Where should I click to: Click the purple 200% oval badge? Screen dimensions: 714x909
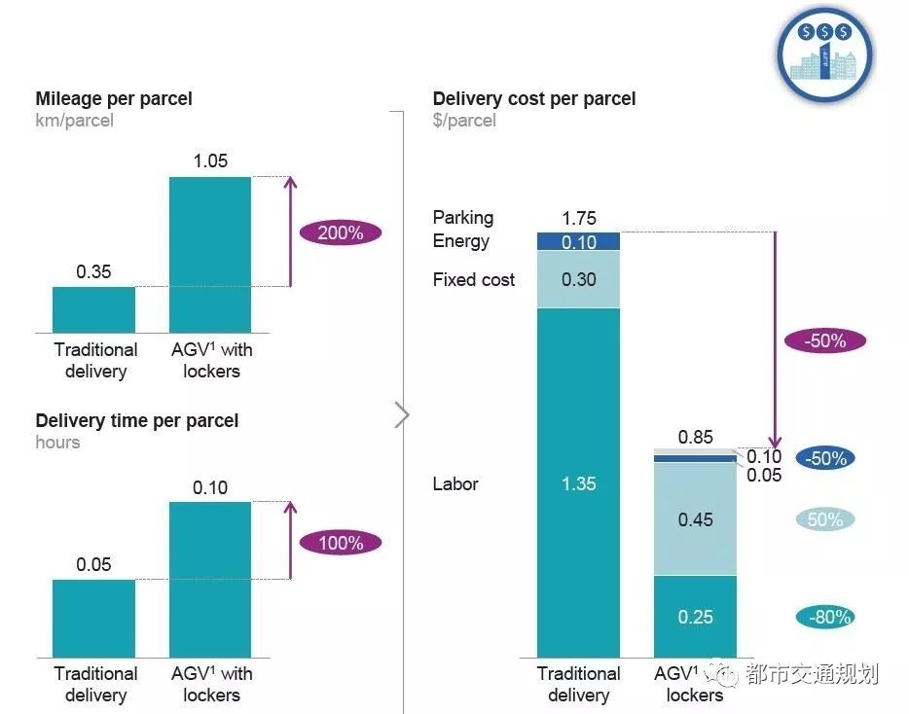pyautogui.click(x=340, y=232)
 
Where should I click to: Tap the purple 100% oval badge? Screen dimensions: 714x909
pyautogui.click(x=340, y=543)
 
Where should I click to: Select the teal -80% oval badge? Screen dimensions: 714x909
pyautogui.click(x=824, y=617)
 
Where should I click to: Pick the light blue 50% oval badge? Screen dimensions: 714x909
pyautogui.click(x=824, y=519)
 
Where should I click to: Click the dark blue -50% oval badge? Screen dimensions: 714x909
pyautogui.click(x=824, y=458)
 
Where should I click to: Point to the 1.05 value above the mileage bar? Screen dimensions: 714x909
pyautogui.click(x=210, y=161)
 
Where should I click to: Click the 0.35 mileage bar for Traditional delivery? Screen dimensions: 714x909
pyautogui.click(x=93, y=309)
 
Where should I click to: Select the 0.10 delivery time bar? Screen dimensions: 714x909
pyautogui.click(x=210, y=578)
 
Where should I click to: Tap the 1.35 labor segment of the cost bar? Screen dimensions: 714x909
pyautogui.click(x=578, y=483)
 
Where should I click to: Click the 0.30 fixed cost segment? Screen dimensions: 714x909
pyautogui.click(x=578, y=279)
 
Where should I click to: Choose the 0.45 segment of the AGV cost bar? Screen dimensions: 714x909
pyautogui.click(x=695, y=519)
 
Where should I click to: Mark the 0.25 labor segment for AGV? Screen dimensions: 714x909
pyautogui.click(x=695, y=617)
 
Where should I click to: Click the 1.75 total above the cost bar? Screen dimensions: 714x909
pyautogui.click(x=579, y=218)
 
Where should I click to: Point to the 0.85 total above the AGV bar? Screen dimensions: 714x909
pyautogui.click(x=695, y=438)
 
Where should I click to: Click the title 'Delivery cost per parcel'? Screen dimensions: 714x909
pyautogui.click(x=534, y=98)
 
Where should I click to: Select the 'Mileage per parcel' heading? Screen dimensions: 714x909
pyautogui.click(x=114, y=98)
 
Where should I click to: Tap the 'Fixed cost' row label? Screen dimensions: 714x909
pyautogui.click(x=474, y=280)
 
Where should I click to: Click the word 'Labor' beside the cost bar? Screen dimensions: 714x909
pyautogui.click(x=455, y=483)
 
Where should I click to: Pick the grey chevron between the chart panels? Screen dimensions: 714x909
pyautogui.click(x=403, y=415)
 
